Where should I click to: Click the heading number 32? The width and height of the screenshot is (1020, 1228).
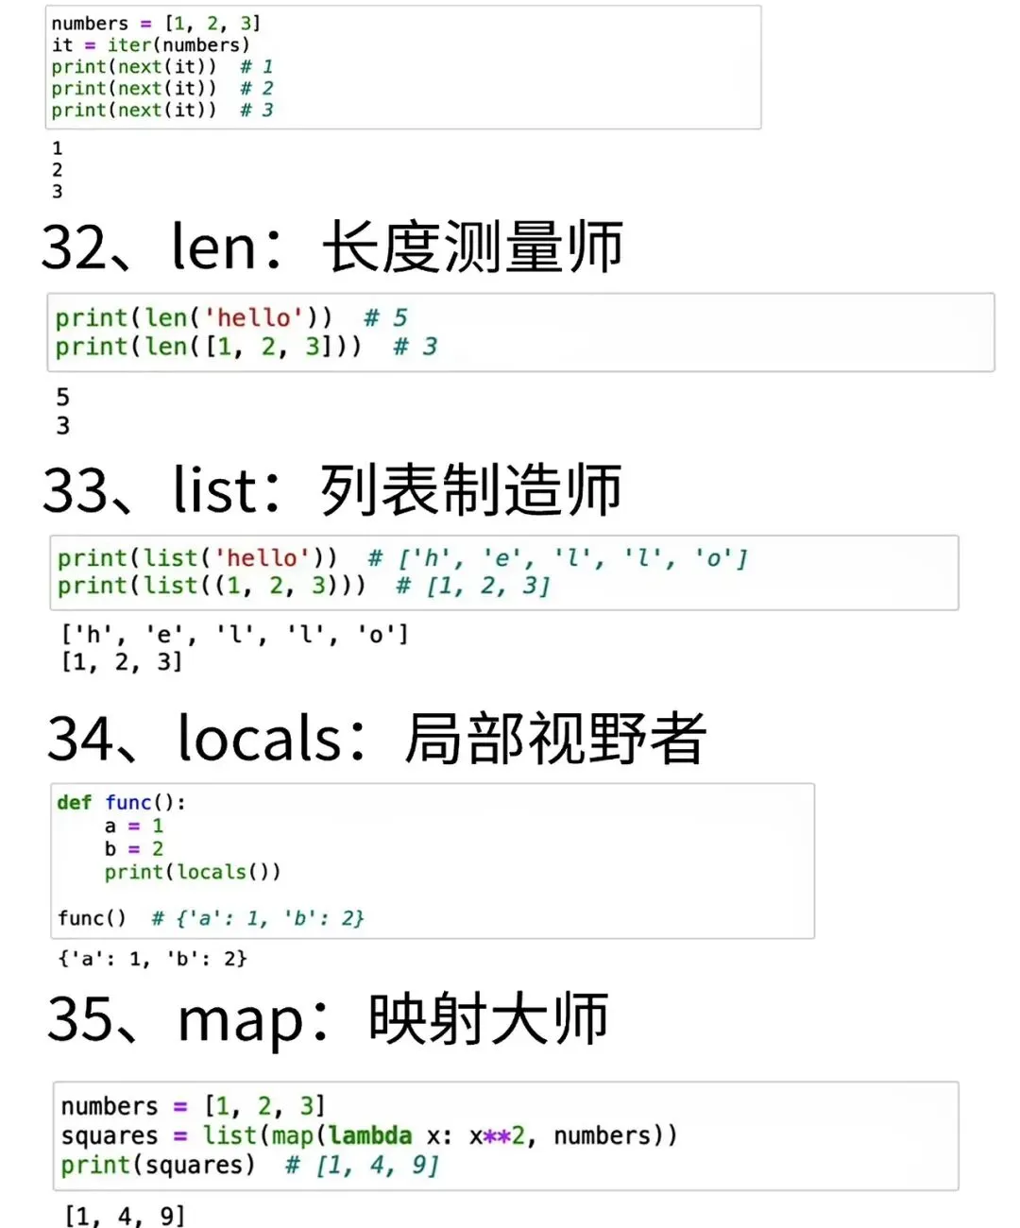[x=75, y=247]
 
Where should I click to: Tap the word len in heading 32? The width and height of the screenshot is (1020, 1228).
[x=213, y=247]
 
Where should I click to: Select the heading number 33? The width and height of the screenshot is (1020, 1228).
[x=76, y=491]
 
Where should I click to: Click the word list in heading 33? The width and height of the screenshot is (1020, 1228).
[x=214, y=490]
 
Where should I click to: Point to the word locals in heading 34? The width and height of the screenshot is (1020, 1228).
[x=260, y=739]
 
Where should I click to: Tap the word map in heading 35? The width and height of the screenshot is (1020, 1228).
[x=240, y=1021]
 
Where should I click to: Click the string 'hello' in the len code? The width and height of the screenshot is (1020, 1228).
[x=254, y=318]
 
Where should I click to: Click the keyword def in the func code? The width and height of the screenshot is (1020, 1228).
[x=74, y=803]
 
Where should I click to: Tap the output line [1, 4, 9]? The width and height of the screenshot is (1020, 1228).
[x=125, y=1216]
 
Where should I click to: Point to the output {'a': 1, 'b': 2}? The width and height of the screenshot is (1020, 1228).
[x=152, y=959]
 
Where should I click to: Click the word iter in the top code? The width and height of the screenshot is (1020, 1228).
[x=128, y=45]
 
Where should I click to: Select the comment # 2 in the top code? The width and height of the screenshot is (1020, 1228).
[x=256, y=89]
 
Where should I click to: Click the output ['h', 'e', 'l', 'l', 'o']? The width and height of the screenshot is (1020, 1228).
[x=234, y=634]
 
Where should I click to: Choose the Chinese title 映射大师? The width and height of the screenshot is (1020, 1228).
[x=488, y=1020]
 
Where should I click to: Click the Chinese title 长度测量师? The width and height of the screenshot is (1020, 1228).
[x=472, y=247]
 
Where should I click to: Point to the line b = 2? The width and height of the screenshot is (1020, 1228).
[x=133, y=849]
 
